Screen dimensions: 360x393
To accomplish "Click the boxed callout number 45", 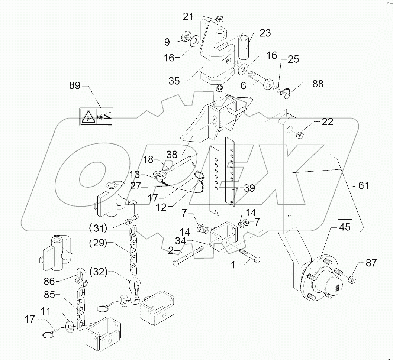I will coord(345,227).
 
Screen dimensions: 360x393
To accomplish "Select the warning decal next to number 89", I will coord(96,116).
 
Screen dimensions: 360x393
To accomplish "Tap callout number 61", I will coord(363,185).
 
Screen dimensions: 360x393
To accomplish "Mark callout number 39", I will coord(249,188).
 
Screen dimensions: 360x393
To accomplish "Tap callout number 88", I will coord(318,84).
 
